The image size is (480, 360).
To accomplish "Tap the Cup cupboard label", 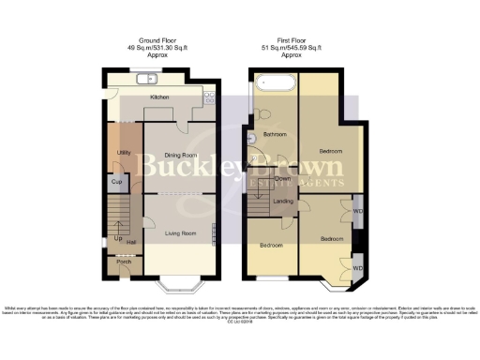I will click(118, 181).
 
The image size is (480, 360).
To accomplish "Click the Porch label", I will click(123, 262).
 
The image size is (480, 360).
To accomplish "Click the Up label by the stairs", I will click(117, 238).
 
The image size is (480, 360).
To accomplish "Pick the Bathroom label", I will click(274, 135).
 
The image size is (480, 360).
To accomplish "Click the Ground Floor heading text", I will click(159, 40).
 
